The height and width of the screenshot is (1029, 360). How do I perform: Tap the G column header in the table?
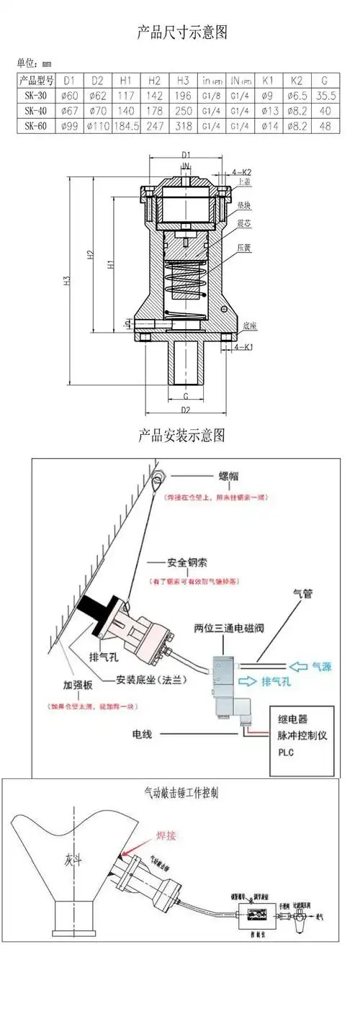point(325,81)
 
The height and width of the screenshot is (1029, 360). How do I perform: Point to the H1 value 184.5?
point(125,126)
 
